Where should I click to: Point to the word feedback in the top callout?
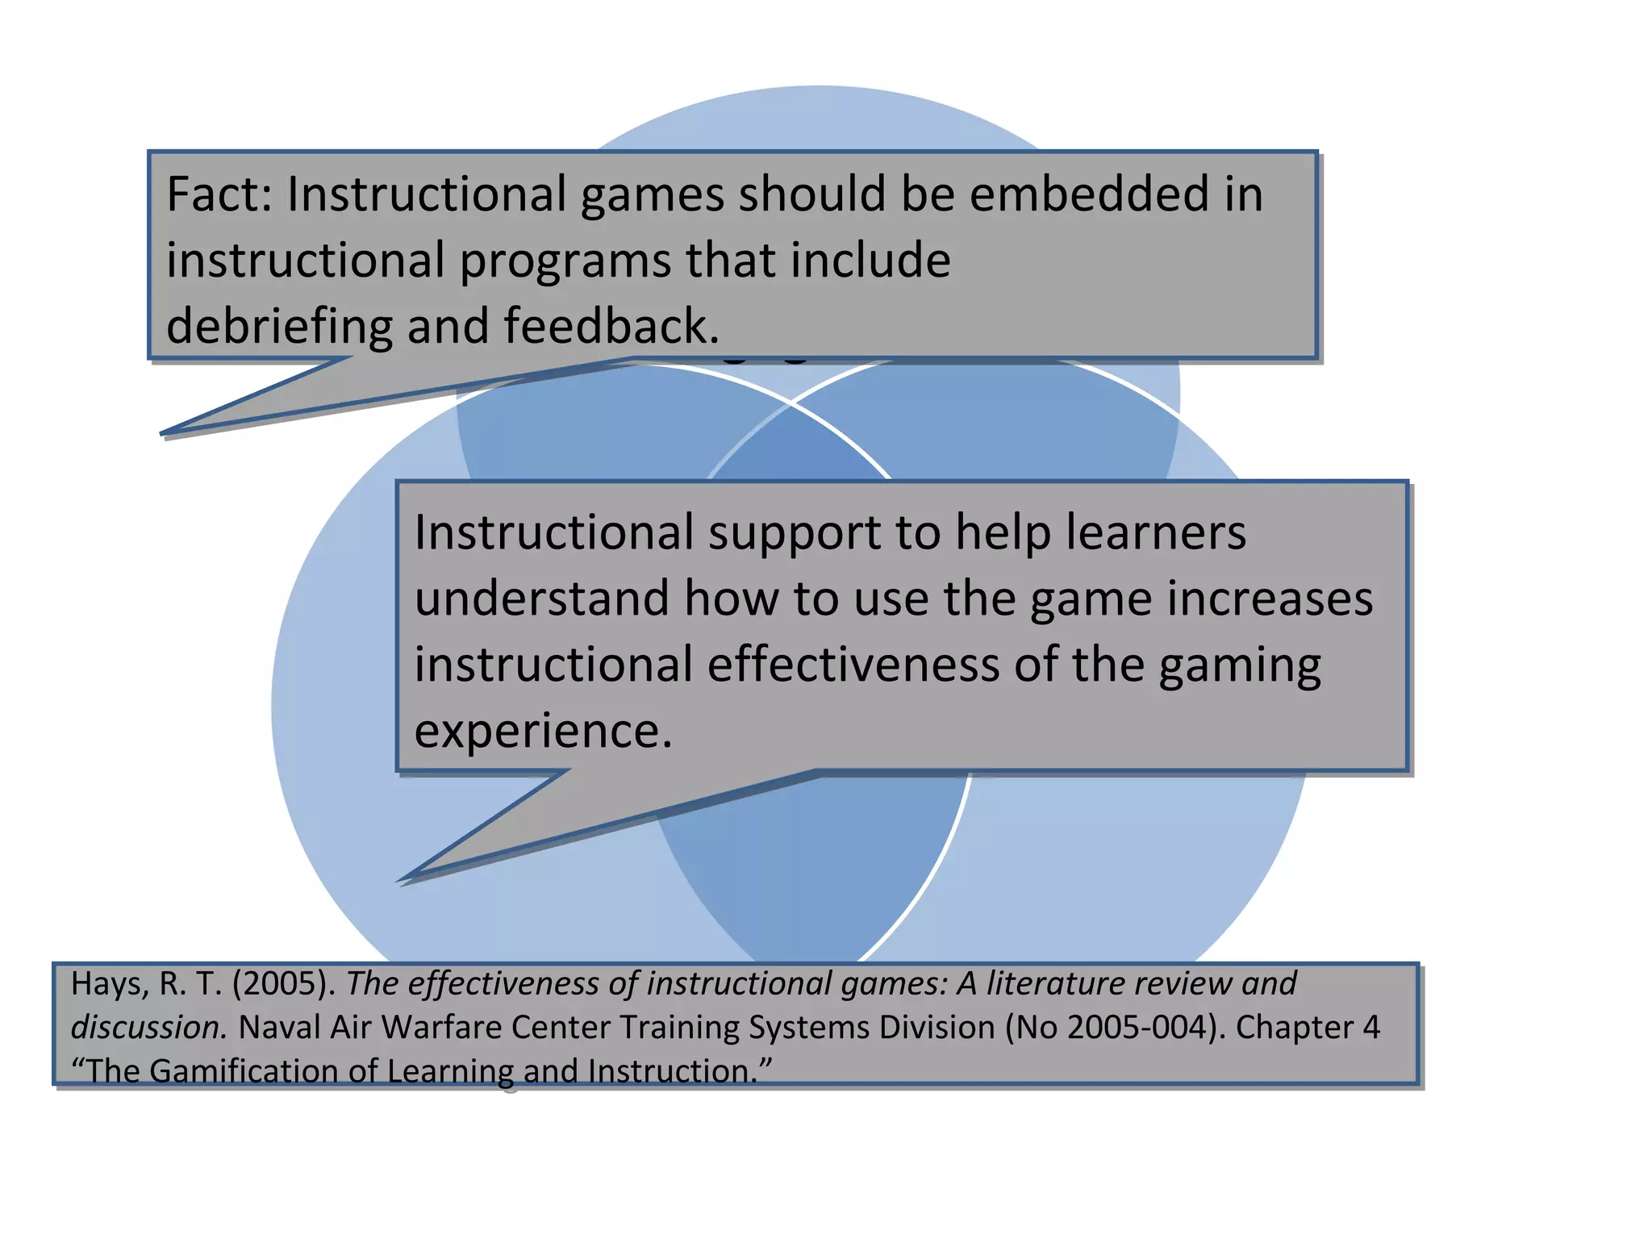[611, 326]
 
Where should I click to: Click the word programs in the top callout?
[565, 261]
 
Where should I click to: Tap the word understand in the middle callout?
[541, 599]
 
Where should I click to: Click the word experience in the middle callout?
[542, 731]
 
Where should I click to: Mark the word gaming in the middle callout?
[1240, 666]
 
